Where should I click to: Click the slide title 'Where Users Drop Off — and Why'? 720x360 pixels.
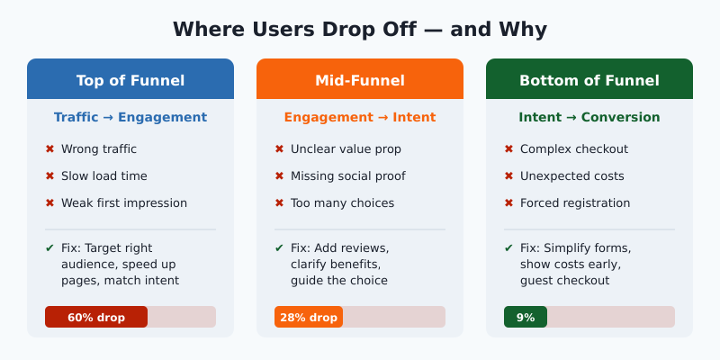pos(360,29)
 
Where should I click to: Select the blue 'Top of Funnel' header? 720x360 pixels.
pos(130,80)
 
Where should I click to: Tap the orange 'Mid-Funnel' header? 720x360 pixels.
pos(360,80)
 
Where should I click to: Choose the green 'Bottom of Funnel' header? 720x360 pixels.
pos(589,80)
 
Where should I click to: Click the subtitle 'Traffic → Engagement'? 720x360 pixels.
pos(130,117)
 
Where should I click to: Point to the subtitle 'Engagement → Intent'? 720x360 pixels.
pos(360,117)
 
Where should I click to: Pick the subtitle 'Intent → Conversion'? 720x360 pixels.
pos(589,117)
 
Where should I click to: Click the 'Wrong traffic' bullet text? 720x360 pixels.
pos(99,149)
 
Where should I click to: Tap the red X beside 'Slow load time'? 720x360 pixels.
pos(49,176)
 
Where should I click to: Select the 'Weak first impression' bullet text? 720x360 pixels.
pos(124,203)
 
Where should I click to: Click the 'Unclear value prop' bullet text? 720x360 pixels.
pos(346,149)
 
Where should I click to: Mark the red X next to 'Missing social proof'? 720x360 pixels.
pos(279,176)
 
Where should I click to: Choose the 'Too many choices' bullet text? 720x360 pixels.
pos(342,203)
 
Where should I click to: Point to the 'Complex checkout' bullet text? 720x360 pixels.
pos(574,149)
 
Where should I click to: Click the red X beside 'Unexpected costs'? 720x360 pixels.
pos(508,176)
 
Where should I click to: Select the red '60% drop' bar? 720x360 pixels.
pos(96,317)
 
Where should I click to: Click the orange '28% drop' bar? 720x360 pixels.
pos(309,317)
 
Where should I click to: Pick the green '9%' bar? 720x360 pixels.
pos(526,317)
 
